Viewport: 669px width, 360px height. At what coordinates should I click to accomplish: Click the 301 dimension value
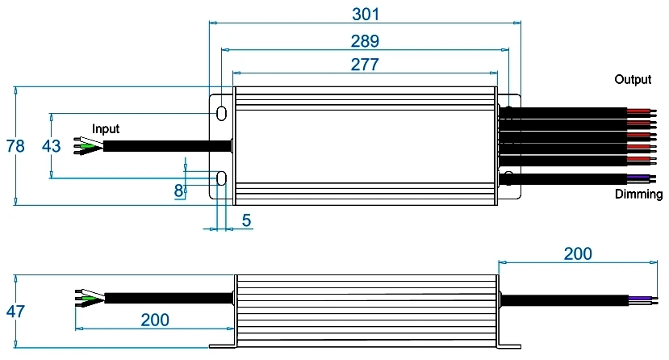366,14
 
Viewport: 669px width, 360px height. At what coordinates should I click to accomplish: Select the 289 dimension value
365,41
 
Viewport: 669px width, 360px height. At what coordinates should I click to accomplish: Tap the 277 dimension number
365,65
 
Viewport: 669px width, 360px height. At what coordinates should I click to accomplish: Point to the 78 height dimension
15,146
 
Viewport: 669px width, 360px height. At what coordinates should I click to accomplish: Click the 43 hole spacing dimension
51,146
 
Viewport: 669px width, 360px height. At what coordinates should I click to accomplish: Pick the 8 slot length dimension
179,190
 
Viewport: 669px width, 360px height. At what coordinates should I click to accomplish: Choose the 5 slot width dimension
246,220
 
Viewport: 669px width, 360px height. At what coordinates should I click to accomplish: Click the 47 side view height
15,312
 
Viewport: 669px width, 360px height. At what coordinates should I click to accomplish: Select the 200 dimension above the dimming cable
578,253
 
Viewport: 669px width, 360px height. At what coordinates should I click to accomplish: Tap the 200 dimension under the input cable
155,320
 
